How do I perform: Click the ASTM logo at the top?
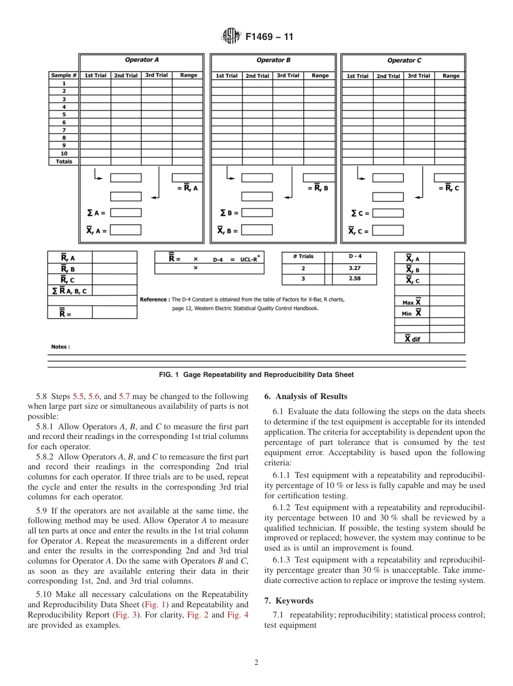[x=231, y=37]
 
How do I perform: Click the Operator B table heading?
[x=273, y=60]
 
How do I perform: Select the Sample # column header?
[x=64, y=76]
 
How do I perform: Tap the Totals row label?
[x=64, y=161]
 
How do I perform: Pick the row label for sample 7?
[x=64, y=130]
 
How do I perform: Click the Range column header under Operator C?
[x=450, y=76]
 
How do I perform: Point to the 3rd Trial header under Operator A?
[x=157, y=76]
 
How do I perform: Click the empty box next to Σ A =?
[x=126, y=213]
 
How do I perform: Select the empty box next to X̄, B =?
[x=256, y=230]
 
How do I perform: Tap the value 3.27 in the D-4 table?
[x=354, y=268]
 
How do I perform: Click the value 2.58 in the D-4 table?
[x=354, y=279]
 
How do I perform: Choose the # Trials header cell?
[x=303, y=257]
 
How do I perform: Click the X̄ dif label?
[x=413, y=339]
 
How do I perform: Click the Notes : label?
[x=60, y=347]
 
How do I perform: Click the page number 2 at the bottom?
[x=256, y=663]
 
